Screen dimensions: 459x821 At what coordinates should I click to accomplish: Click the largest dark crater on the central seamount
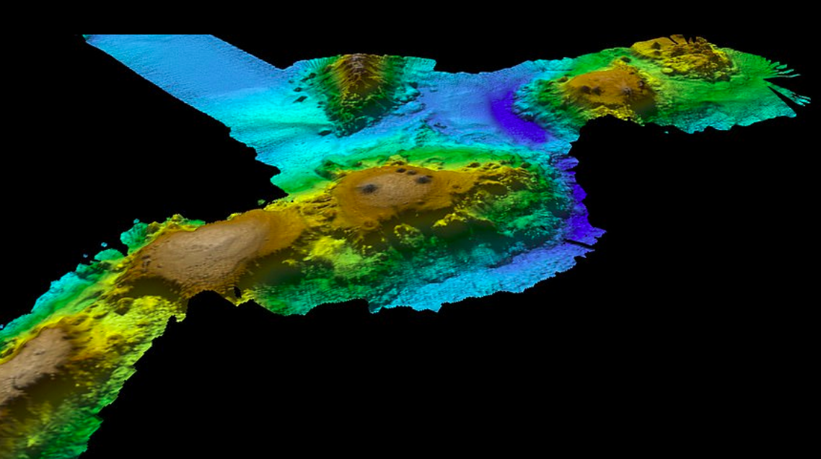369,189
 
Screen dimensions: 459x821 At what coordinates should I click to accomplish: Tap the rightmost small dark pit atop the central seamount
425,179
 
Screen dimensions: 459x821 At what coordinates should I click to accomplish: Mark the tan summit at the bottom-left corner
29,360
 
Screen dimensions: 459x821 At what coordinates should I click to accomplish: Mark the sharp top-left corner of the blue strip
85,37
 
